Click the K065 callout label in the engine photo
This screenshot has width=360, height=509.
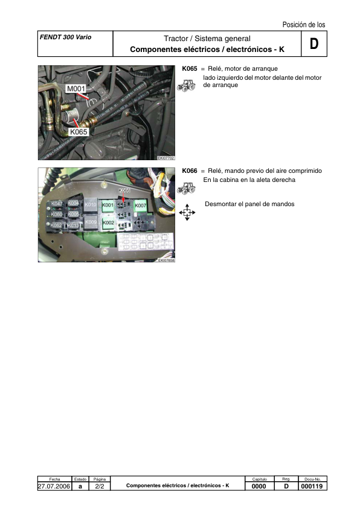79,132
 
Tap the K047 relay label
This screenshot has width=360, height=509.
57,204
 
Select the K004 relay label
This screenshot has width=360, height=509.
73,204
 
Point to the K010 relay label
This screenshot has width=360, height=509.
91,205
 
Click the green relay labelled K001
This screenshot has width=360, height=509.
108,206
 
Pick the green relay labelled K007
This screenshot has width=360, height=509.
141,206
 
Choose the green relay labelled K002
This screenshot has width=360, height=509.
108,223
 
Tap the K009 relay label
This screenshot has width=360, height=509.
91,222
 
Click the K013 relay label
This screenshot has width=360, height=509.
73,225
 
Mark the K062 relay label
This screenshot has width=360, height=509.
57,225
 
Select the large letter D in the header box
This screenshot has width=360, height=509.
313,44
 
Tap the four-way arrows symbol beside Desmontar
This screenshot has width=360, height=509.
187,213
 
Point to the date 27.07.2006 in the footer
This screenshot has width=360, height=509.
54,485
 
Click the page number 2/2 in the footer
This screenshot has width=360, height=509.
100,485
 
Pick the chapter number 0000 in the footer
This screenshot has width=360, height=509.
259,485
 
